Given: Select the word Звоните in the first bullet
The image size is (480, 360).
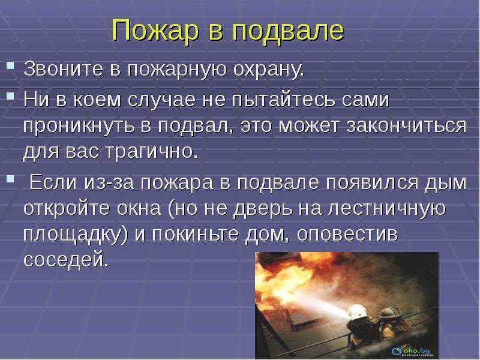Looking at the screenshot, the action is coord(64,69).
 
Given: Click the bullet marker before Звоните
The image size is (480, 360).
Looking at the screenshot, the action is coord(10,65).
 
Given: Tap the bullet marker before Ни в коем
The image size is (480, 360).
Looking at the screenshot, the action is coord(10,96).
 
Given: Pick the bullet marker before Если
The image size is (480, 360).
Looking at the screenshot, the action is coord(10,178).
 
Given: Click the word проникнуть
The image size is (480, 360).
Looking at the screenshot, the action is coord(79,126).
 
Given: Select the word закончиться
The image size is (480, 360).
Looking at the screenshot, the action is coord(407,126).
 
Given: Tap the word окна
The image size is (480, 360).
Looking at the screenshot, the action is coord(139,208).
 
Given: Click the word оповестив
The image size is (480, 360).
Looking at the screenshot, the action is coord(347,235).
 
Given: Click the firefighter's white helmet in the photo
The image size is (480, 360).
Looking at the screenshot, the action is coord(357,311).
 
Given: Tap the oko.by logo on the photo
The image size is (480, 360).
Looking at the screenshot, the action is coord(411,352).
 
